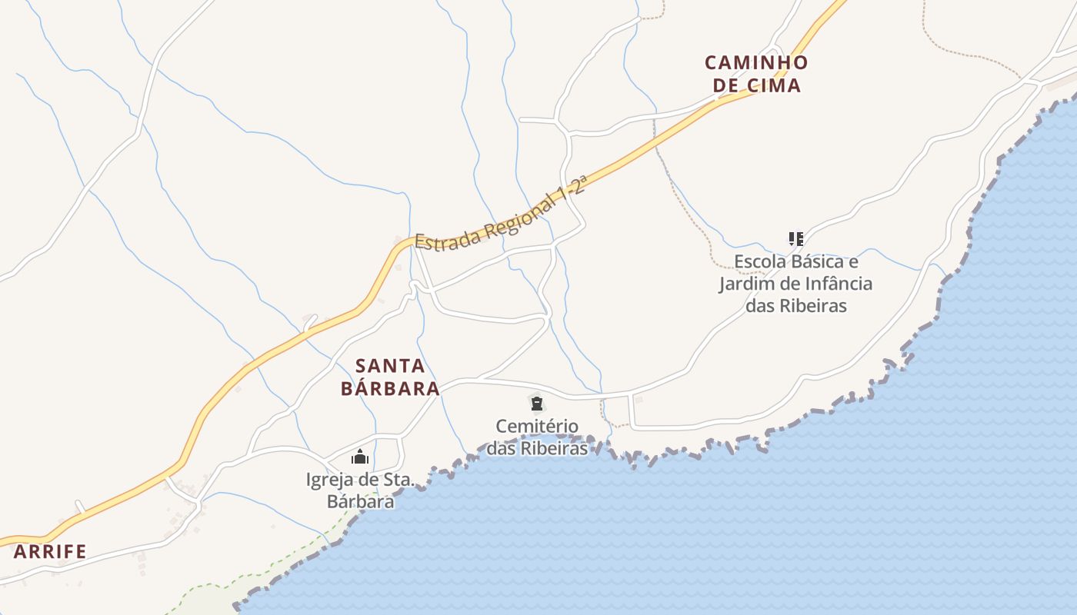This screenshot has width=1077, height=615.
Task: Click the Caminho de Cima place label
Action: [x=757, y=74]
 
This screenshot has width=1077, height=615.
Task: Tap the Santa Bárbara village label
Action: [x=390, y=377]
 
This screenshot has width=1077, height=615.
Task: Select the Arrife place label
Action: [x=50, y=551]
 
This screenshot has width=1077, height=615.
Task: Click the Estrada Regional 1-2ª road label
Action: [x=501, y=214]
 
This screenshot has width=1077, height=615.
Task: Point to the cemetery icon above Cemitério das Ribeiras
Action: [x=537, y=403]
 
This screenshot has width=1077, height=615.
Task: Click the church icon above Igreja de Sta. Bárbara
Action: [x=360, y=457]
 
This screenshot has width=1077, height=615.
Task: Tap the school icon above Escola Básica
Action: [x=795, y=239]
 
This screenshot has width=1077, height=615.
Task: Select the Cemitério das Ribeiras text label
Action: [x=537, y=437]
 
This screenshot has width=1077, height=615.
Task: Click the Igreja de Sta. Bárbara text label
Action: [x=360, y=490]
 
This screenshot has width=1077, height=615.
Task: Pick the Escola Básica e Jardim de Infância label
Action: [x=795, y=283]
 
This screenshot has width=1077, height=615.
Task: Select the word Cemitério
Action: [x=537, y=426]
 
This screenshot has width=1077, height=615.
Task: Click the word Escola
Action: [x=759, y=261]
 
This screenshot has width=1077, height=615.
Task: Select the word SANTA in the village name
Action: [x=390, y=365]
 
